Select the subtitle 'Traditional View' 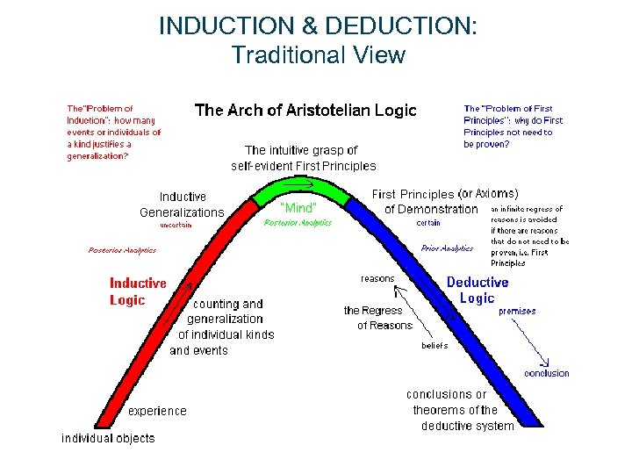(318, 55)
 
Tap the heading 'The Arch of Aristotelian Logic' (305, 111)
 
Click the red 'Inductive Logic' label (138, 291)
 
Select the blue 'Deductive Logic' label (478, 290)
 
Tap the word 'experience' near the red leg (158, 411)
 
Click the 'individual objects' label (108, 438)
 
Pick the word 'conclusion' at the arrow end (546, 373)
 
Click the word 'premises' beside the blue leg (517, 311)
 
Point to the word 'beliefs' (434, 345)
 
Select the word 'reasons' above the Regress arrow (377, 278)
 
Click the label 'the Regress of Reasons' (378, 318)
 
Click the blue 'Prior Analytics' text (447, 248)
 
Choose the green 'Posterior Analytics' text (298, 223)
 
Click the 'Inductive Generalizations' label (182, 205)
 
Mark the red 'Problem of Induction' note (114, 133)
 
